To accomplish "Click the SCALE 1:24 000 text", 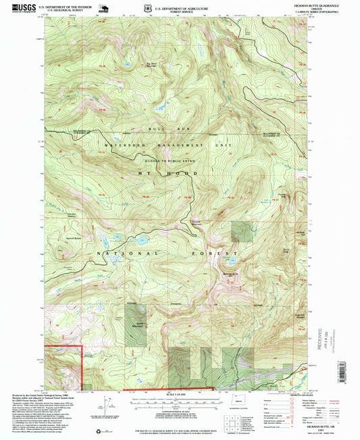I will (x=179, y=395).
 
